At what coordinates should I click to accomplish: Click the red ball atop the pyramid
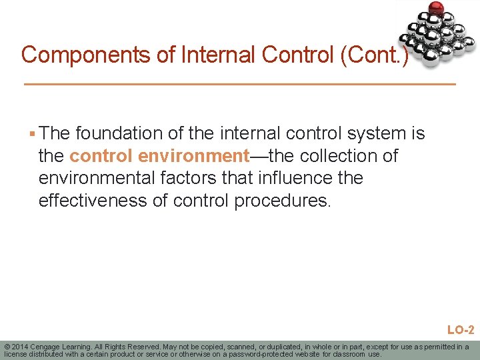pyautogui.click(x=437, y=9)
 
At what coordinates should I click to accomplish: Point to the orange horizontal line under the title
pyautogui.click(x=239, y=85)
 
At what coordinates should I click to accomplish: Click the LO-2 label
pyautogui.click(x=460, y=329)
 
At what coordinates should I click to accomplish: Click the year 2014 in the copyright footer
pyautogui.click(x=21, y=347)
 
